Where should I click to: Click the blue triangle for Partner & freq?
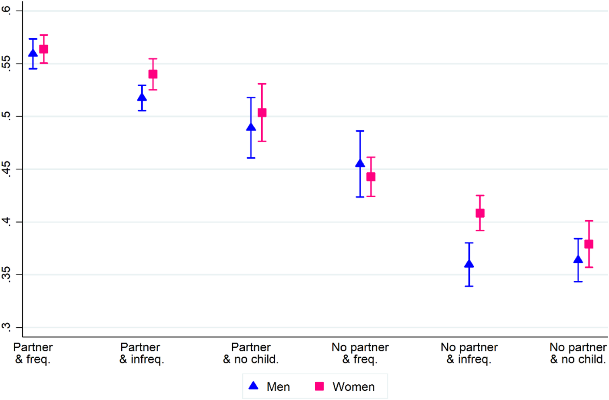click(x=33, y=53)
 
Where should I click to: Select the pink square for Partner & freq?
click(x=44, y=49)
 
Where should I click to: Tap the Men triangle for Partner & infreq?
click(x=142, y=97)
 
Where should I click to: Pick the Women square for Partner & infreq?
click(x=153, y=74)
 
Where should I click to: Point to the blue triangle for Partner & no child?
click(x=251, y=127)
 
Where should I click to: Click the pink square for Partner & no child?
click(x=262, y=112)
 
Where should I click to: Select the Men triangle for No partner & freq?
click(x=360, y=163)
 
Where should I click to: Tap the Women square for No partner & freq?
click(x=371, y=177)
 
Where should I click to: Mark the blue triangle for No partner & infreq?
click(x=469, y=264)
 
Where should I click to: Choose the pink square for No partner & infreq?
click(x=480, y=213)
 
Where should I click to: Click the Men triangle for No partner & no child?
click(x=578, y=259)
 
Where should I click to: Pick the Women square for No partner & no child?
click(x=589, y=244)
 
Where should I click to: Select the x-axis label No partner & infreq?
click(x=469, y=353)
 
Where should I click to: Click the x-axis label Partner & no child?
click(x=251, y=353)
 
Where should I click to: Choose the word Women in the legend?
click(x=353, y=387)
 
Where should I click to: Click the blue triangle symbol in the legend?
click(x=253, y=386)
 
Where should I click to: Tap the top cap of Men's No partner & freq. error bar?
click(x=360, y=131)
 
